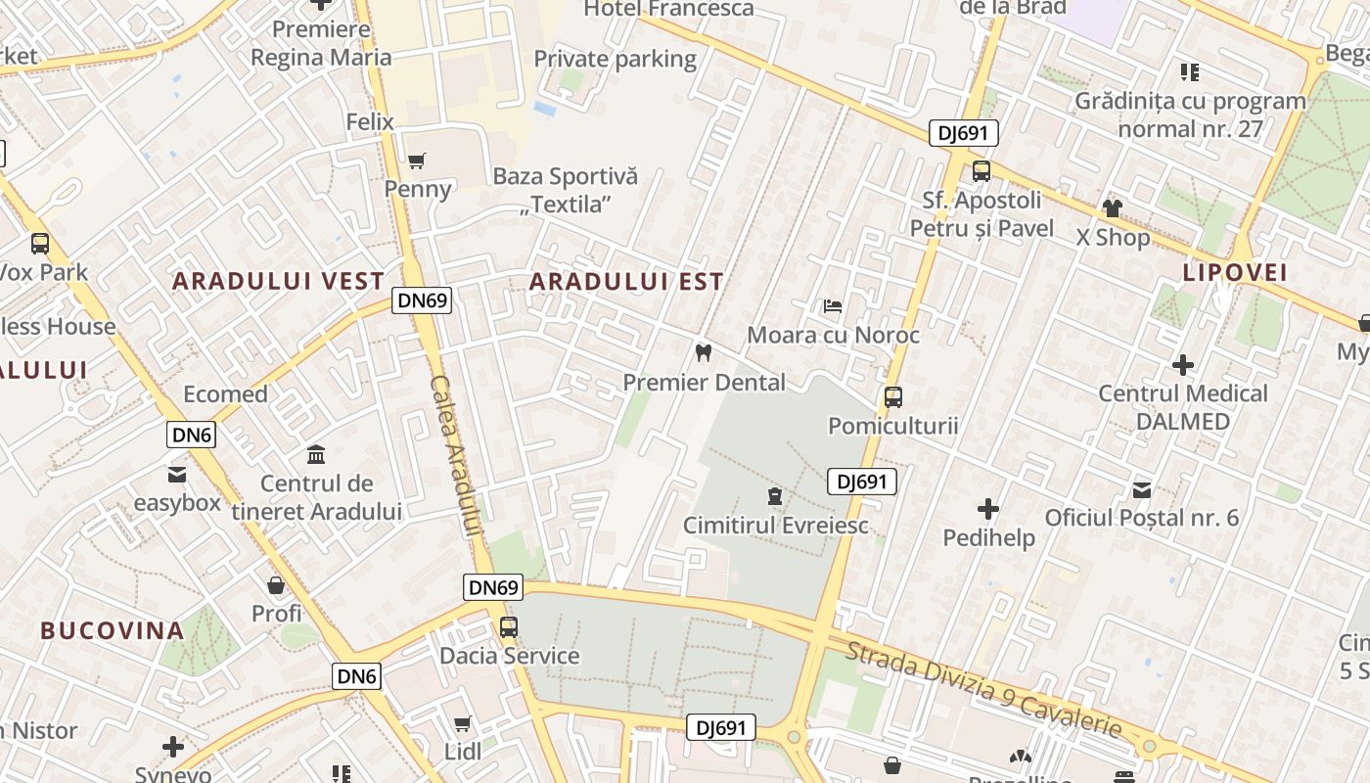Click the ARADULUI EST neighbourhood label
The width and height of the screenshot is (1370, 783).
click(x=626, y=282)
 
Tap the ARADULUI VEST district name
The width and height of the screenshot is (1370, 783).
click(x=279, y=281)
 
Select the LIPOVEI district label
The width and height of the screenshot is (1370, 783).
click(x=1235, y=272)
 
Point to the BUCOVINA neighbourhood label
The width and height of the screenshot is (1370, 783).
click(x=112, y=630)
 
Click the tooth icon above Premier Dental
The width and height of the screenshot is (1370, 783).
click(x=703, y=352)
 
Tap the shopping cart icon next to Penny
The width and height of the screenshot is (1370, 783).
click(x=417, y=161)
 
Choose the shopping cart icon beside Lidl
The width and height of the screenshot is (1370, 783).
click(x=462, y=723)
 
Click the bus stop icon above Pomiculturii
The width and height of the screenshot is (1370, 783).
click(x=892, y=396)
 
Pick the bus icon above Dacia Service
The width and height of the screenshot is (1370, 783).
click(x=508, y=626)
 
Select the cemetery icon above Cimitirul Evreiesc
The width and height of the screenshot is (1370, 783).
click(x=775, y=495)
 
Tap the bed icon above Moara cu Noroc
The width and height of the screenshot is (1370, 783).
click(x=832, y=306)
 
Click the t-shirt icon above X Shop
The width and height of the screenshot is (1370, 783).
click(x=1112, y=207)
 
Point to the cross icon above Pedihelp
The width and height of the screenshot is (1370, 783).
click(x=988, y=509)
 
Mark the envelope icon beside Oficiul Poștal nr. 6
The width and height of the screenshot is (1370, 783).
click(x=1141, y=489)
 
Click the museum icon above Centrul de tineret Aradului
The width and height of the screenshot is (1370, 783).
click(x=316, y=454)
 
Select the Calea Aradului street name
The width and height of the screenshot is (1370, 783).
click(x=456, y=455)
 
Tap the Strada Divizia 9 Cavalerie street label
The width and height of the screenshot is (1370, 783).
click(x=983, y=690)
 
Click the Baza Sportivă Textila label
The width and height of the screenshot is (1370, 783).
click(x=566, y=190)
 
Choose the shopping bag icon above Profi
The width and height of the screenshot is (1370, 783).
click(x=276, y=585)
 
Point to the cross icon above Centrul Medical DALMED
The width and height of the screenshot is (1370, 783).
click(x=1183, y=365)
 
